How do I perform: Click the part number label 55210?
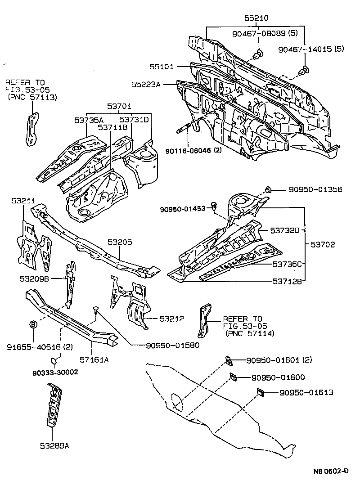tap(256, 18)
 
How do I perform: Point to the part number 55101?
tap(162, 67)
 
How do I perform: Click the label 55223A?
tap(146, 84)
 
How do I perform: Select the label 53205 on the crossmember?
tap(119, 242)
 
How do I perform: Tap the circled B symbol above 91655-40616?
tap(33, 325)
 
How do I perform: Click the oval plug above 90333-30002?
tap(54, 360)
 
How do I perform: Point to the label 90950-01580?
tap(172, 346)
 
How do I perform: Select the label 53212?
tap(171, 319)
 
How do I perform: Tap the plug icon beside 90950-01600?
tap(233, 377)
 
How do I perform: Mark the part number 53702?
tap(323, 245)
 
